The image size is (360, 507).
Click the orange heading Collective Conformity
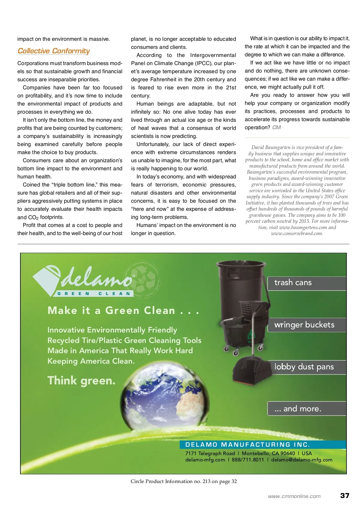coord(54,51)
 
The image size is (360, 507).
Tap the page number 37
coord(345,495)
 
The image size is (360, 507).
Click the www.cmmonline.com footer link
coord(294,496)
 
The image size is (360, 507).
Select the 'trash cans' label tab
coord(307,283)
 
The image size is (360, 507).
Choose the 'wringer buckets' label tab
coord(307,325)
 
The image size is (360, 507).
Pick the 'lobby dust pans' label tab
coord(307,367)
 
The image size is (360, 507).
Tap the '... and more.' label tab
coord(307,409)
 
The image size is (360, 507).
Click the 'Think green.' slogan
coord(81,381)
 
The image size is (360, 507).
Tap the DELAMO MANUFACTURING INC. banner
coord(247,445)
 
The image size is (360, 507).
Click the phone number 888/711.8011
coord(248,460)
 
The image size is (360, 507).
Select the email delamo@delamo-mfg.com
coord(301,460)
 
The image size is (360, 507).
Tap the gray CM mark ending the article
coord(276,127)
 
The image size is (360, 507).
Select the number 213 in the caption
coord(206,481)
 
